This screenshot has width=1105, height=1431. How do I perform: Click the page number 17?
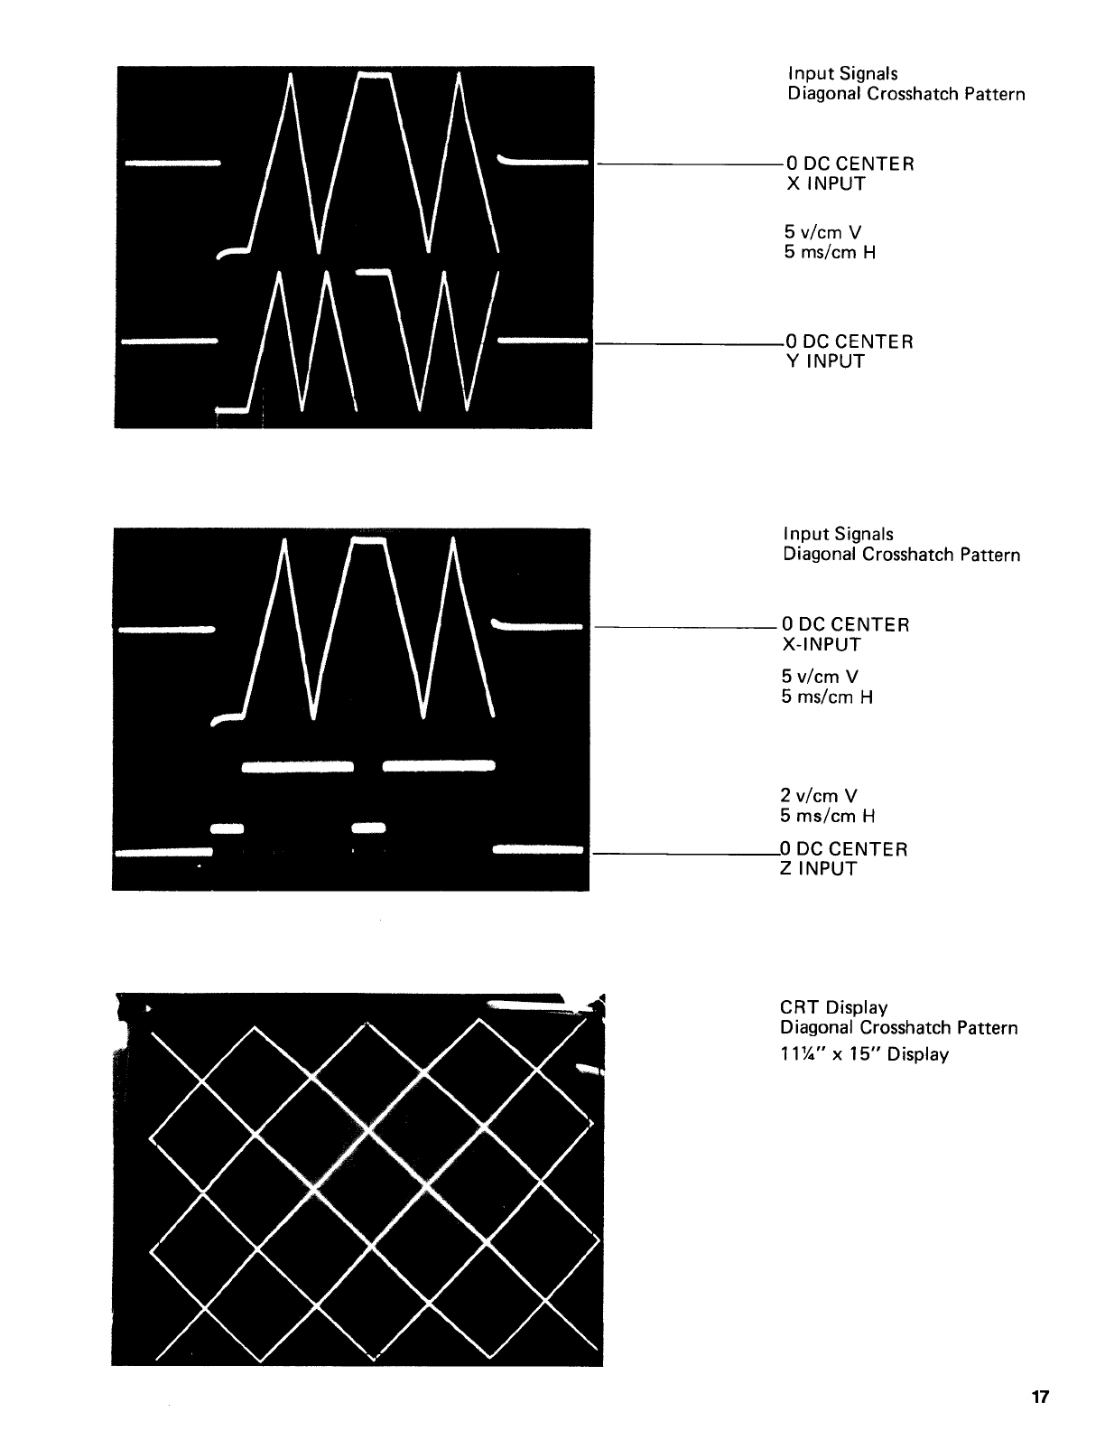(x=1040, y=1397)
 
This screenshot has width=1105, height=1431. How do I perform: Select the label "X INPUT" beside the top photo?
(x=824, y=184)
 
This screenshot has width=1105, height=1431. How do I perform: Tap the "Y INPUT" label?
(x=824, y=362)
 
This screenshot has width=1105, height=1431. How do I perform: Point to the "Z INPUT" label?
(x=817, y=869)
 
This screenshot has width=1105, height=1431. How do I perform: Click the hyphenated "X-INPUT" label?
(x=821, y=645)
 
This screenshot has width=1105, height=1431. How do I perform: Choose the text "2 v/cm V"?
(x=819, y=796)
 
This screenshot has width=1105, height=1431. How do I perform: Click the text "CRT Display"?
(x=833, y=1007)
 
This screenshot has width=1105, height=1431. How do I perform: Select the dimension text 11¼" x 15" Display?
(x=864, y=1054)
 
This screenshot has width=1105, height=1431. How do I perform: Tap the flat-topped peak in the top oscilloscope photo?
(x=375, y=75)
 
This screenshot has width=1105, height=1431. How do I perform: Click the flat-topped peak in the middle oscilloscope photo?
(x=368, y=540)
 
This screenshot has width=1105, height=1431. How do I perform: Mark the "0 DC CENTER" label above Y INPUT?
(x=849, y=341)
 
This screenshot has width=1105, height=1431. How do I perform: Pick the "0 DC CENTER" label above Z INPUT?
(x=843, y=849)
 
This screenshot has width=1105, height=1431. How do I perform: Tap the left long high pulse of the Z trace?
(x=297, y=767)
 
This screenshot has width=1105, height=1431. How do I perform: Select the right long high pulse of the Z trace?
(x=439, y=767)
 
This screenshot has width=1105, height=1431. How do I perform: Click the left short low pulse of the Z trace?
(x=227, y=827)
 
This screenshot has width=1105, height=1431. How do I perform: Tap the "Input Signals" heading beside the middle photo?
(x=838, y=534)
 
